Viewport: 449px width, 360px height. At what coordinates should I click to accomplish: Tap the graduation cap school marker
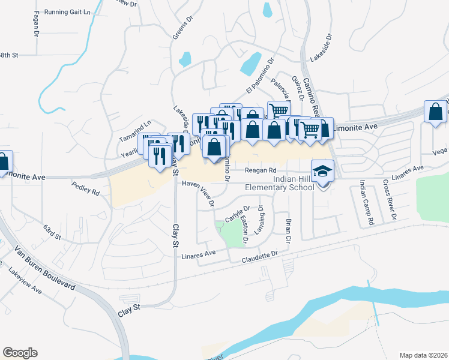point(322,172)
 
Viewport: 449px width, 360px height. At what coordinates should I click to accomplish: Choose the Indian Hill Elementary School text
point(280,184)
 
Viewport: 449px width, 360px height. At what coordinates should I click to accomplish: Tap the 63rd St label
point(52,232)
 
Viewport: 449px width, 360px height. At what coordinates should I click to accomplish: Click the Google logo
point(20,353)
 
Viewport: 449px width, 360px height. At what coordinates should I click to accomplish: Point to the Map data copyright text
point(423,355)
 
